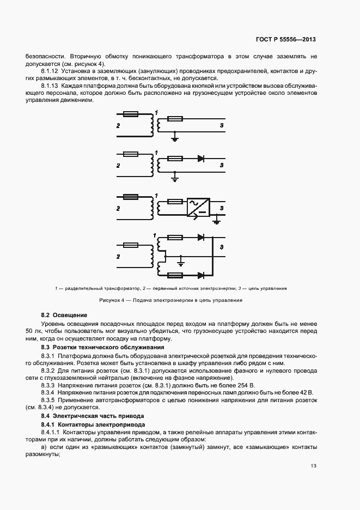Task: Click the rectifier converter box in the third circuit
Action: click(197, 207)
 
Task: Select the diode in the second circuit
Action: click(200, 159)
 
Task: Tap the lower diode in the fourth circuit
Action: click(201, 275)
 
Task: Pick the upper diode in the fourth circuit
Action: click(201, 237)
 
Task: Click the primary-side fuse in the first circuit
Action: click(131, 114)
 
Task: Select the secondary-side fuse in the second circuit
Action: click(174, 159)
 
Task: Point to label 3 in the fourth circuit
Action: click(221, 248)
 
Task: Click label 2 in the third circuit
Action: click(118, 209)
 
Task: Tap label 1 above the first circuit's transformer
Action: click(156, 113)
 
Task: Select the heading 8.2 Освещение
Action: click(64, 315)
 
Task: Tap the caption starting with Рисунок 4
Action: click(170, 300)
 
